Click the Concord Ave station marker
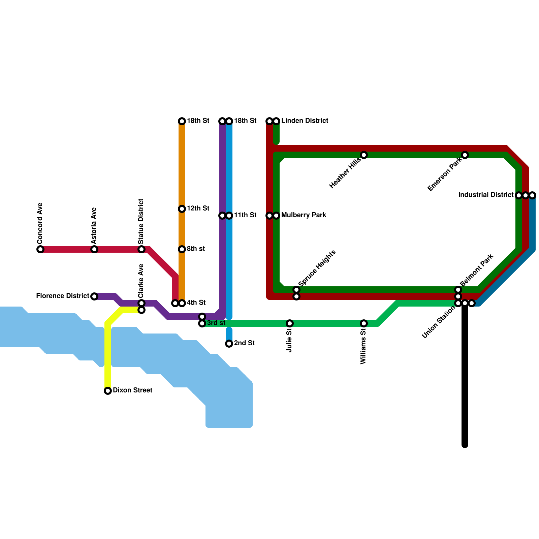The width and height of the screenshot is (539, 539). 40,249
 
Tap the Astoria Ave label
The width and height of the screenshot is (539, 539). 94,226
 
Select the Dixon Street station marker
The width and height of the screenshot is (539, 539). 108,391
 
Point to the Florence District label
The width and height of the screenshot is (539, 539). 63,296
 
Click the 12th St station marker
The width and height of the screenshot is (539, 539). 182,209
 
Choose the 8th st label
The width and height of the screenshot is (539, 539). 196,249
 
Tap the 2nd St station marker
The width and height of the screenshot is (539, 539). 229,344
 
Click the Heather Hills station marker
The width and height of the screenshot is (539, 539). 364,155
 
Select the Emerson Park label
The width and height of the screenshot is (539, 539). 444,175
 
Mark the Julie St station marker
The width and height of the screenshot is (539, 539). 290,323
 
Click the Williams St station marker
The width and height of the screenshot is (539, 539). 364,323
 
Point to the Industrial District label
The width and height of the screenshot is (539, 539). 486,195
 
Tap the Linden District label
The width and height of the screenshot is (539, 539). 305,121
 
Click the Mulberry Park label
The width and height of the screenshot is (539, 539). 304,215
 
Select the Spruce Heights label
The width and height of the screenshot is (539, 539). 317,268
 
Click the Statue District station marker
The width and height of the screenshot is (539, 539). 141,249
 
